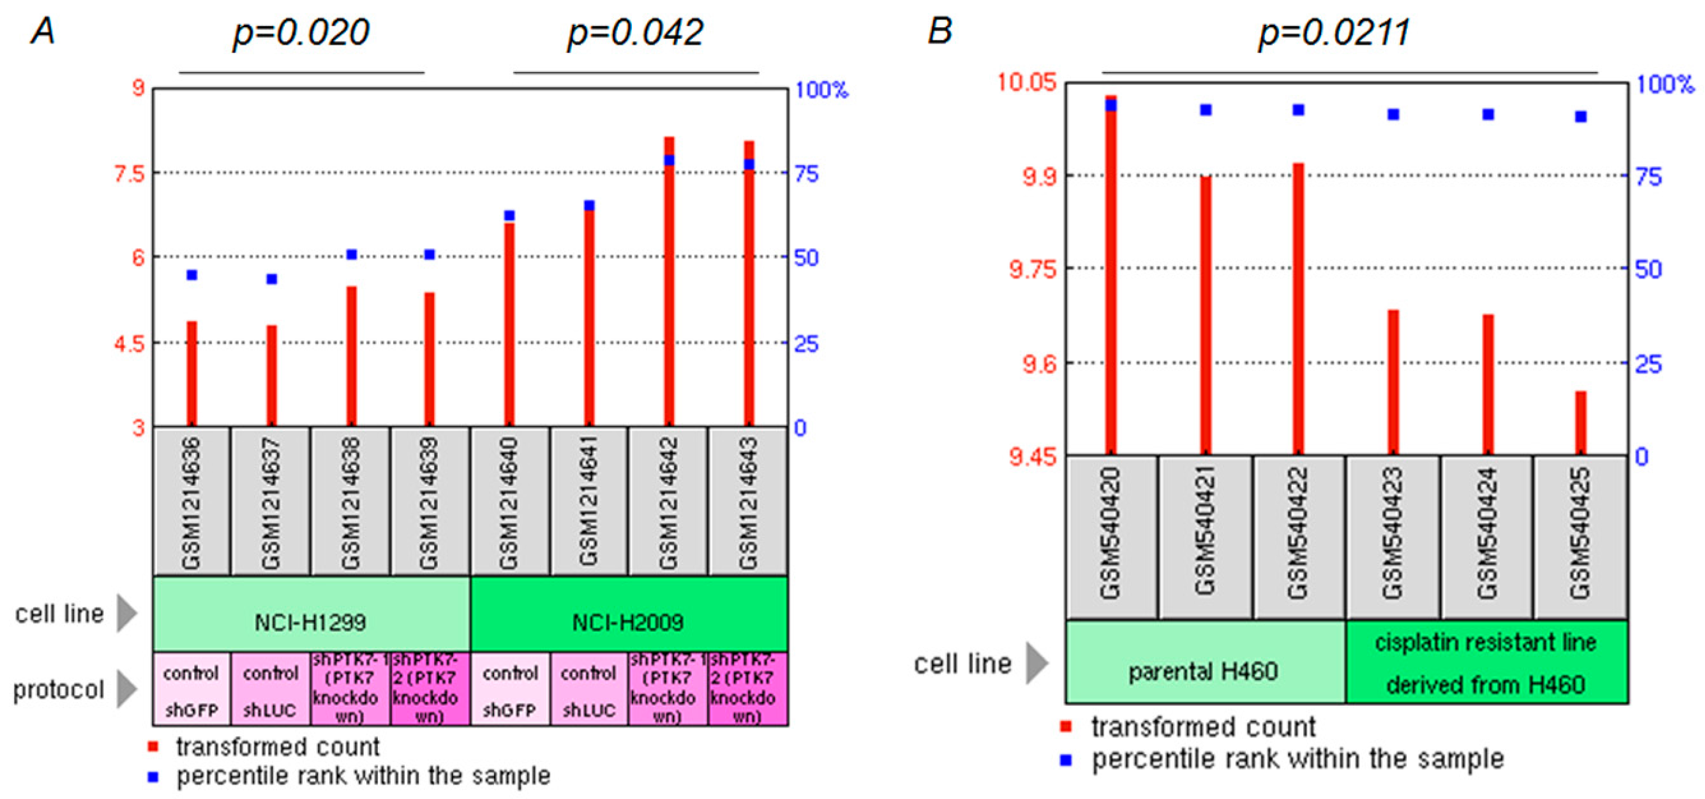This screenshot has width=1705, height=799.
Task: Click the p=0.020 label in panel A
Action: click(x=301, y=33)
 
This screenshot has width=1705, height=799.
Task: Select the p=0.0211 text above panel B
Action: click(x=1333, y=33)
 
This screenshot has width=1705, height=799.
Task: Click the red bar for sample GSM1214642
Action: click(x=669, y=285)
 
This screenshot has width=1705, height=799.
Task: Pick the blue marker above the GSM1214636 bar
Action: click(x=192, y=275)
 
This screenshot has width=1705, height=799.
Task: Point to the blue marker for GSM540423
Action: click(x=1393, y=115)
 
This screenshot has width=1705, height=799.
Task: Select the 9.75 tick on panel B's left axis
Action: click(x=1033, y=269)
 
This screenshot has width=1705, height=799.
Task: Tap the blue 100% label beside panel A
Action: click(x=821, y=89)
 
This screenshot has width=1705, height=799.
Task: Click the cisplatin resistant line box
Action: click(x=1486, y=662)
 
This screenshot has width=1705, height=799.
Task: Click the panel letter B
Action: click(x=940, y=31)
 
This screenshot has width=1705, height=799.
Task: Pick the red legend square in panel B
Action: click(x=1065, y=726)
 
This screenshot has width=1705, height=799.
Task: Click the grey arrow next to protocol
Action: click(x=126, y=688)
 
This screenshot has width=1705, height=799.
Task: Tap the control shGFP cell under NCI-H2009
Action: click(x=509, y=690)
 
